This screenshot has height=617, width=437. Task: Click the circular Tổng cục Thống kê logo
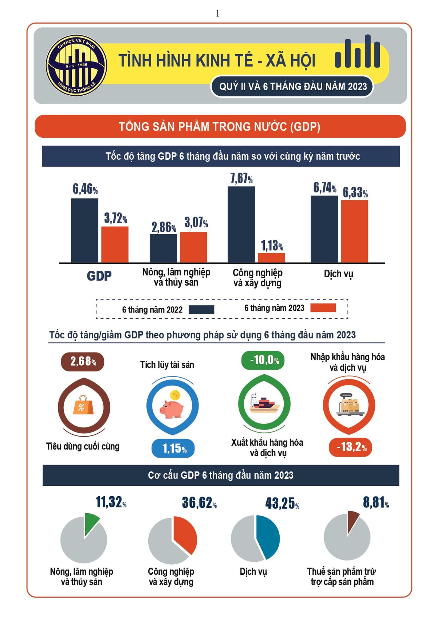76,66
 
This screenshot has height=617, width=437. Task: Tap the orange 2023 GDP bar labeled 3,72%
115,244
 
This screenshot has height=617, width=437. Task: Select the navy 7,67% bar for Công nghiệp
241,224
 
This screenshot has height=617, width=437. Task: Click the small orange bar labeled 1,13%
271,258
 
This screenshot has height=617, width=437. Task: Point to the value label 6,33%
355,192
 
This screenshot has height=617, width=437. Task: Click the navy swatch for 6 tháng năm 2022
201,310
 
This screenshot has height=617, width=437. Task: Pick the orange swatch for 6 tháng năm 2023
323,308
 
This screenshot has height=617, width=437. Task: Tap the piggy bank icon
172,406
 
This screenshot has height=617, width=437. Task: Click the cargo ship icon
264,403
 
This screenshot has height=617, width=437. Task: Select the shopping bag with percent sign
83,405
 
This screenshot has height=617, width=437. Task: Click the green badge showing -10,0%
263,360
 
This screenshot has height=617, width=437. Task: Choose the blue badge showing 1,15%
173,448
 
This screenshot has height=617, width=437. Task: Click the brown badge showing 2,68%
82,362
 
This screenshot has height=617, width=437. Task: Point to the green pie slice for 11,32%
91,523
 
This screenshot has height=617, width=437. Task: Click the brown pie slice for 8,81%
353,520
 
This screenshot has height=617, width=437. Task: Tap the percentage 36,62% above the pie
199,503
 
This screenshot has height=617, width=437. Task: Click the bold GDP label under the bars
99,276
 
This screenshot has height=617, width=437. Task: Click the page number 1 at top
217,13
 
